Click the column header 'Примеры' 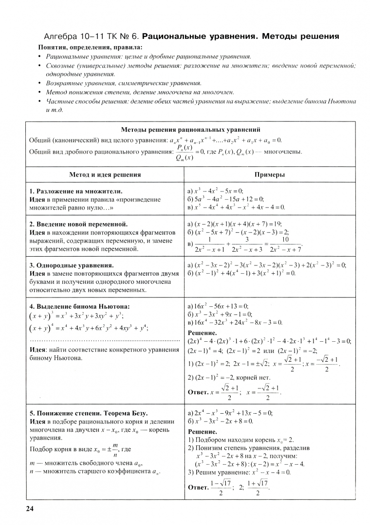tap(269, 175)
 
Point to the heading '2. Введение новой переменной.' tap(78, 224)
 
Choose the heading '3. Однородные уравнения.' tap(72, 265)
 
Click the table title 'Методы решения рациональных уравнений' tap(190, 130)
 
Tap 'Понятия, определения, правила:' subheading tap(90, 47)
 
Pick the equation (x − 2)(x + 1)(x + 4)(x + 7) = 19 tap(235, 224)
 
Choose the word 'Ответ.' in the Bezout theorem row tap(198, 487)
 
